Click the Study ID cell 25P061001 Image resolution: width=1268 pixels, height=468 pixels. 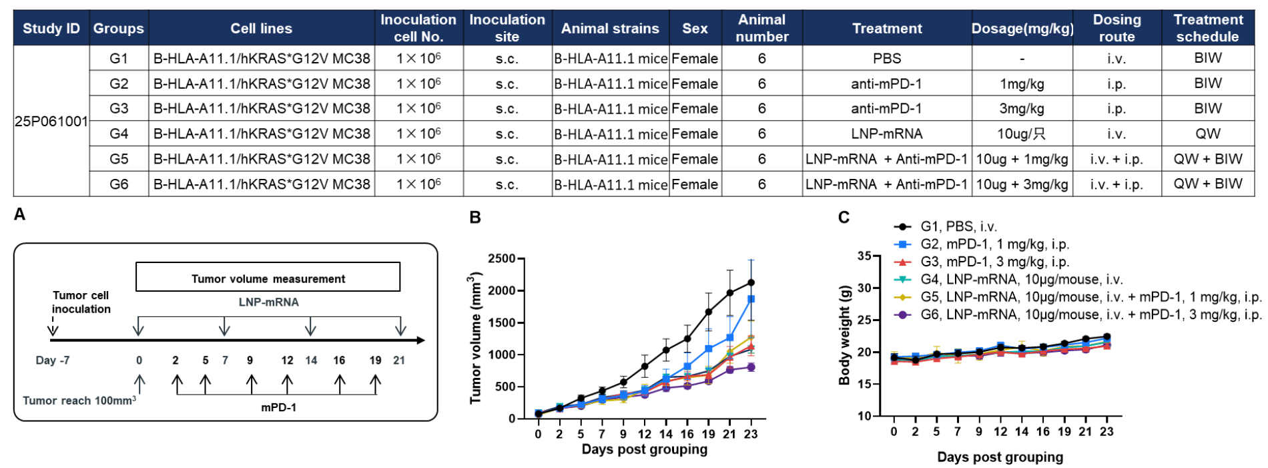(x=51, y=121)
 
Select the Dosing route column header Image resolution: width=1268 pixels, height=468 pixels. (x=1117, y=28)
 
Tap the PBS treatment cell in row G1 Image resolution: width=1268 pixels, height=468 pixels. (x=886, y=59)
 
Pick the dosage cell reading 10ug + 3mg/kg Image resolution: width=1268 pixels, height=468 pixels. (x=1022, y=184)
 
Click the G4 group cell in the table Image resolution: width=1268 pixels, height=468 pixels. (x=119, y=134)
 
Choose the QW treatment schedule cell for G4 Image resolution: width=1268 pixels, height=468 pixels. (x=1207, y=134)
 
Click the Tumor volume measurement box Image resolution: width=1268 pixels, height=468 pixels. (x=268, y=278)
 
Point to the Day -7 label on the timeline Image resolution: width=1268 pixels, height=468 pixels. (x=53, y=361)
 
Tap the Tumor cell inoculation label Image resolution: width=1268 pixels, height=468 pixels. (x=81, y=302)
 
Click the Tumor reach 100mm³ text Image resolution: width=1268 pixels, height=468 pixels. (x=79, y=401)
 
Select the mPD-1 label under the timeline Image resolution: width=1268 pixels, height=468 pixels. (x=278, y=407)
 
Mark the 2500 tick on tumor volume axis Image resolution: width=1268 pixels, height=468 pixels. (x=502, y=259)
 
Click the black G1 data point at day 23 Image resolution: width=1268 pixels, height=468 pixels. (x=751, y=282)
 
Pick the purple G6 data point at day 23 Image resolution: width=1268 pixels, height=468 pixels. (x=751, y=367)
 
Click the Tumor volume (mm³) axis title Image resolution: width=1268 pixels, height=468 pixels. (x=475, y=338)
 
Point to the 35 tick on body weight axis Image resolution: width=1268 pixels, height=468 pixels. (x=865, y=256)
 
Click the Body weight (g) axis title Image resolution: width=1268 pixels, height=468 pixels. (x=845, y=334)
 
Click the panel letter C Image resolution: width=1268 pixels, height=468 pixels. (x=844, y=218)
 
